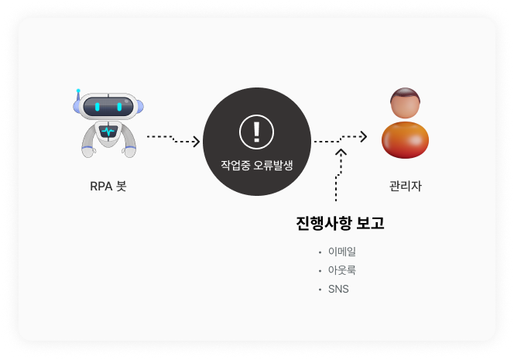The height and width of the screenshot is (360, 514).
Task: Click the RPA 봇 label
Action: point(108,186)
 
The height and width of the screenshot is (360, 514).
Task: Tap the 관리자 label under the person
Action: point(406,186)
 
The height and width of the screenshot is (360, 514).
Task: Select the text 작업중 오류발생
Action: point(256,165)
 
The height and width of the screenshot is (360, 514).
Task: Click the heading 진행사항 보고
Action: point(340,224)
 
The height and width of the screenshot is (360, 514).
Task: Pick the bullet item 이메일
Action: point(342,252)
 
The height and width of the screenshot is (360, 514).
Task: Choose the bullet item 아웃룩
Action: point(342,270)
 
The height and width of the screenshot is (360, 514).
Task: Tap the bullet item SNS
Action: point(338,289)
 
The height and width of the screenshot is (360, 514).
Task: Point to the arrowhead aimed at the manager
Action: point(363,136)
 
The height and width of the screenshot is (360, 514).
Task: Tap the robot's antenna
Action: point(78,96)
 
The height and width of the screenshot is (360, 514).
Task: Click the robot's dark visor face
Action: point(108,106)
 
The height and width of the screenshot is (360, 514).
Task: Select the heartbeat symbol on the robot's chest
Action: point(108,132)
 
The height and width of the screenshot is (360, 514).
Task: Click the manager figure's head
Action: point(405,105)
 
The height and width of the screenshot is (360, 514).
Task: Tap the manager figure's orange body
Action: point(406,139)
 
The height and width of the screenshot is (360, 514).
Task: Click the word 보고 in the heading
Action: point(369,224)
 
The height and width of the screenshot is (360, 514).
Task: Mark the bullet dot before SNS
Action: point(320,290)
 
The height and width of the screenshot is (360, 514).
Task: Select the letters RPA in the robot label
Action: point(101,186)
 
